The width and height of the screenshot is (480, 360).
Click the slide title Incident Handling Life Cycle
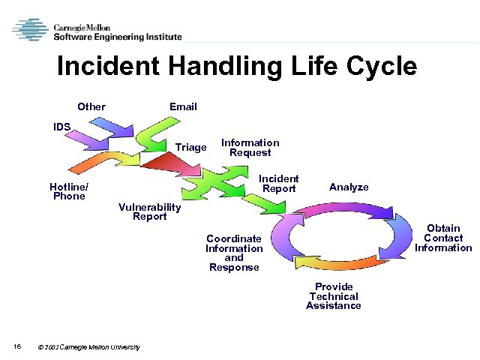pos(237,67)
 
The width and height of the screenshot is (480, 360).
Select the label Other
pos(91,106)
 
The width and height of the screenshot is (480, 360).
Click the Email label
pos(183,106)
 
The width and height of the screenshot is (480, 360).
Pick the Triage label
pos(190,147)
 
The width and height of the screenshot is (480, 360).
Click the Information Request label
pos(250,148)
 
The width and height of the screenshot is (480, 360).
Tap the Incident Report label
pos(279,184)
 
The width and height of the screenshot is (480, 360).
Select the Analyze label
pos(349,187)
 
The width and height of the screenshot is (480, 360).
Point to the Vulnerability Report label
pos(150,212)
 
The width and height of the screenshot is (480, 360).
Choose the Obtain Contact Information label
pos(443,238)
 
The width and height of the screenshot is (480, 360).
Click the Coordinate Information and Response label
pos(234,253)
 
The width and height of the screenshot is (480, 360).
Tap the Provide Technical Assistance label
pos(334,296)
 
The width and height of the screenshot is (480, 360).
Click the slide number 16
pos(16,346)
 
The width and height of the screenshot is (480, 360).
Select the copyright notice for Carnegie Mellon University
pos(88,346)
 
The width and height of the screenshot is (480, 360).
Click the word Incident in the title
pos(109,67)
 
